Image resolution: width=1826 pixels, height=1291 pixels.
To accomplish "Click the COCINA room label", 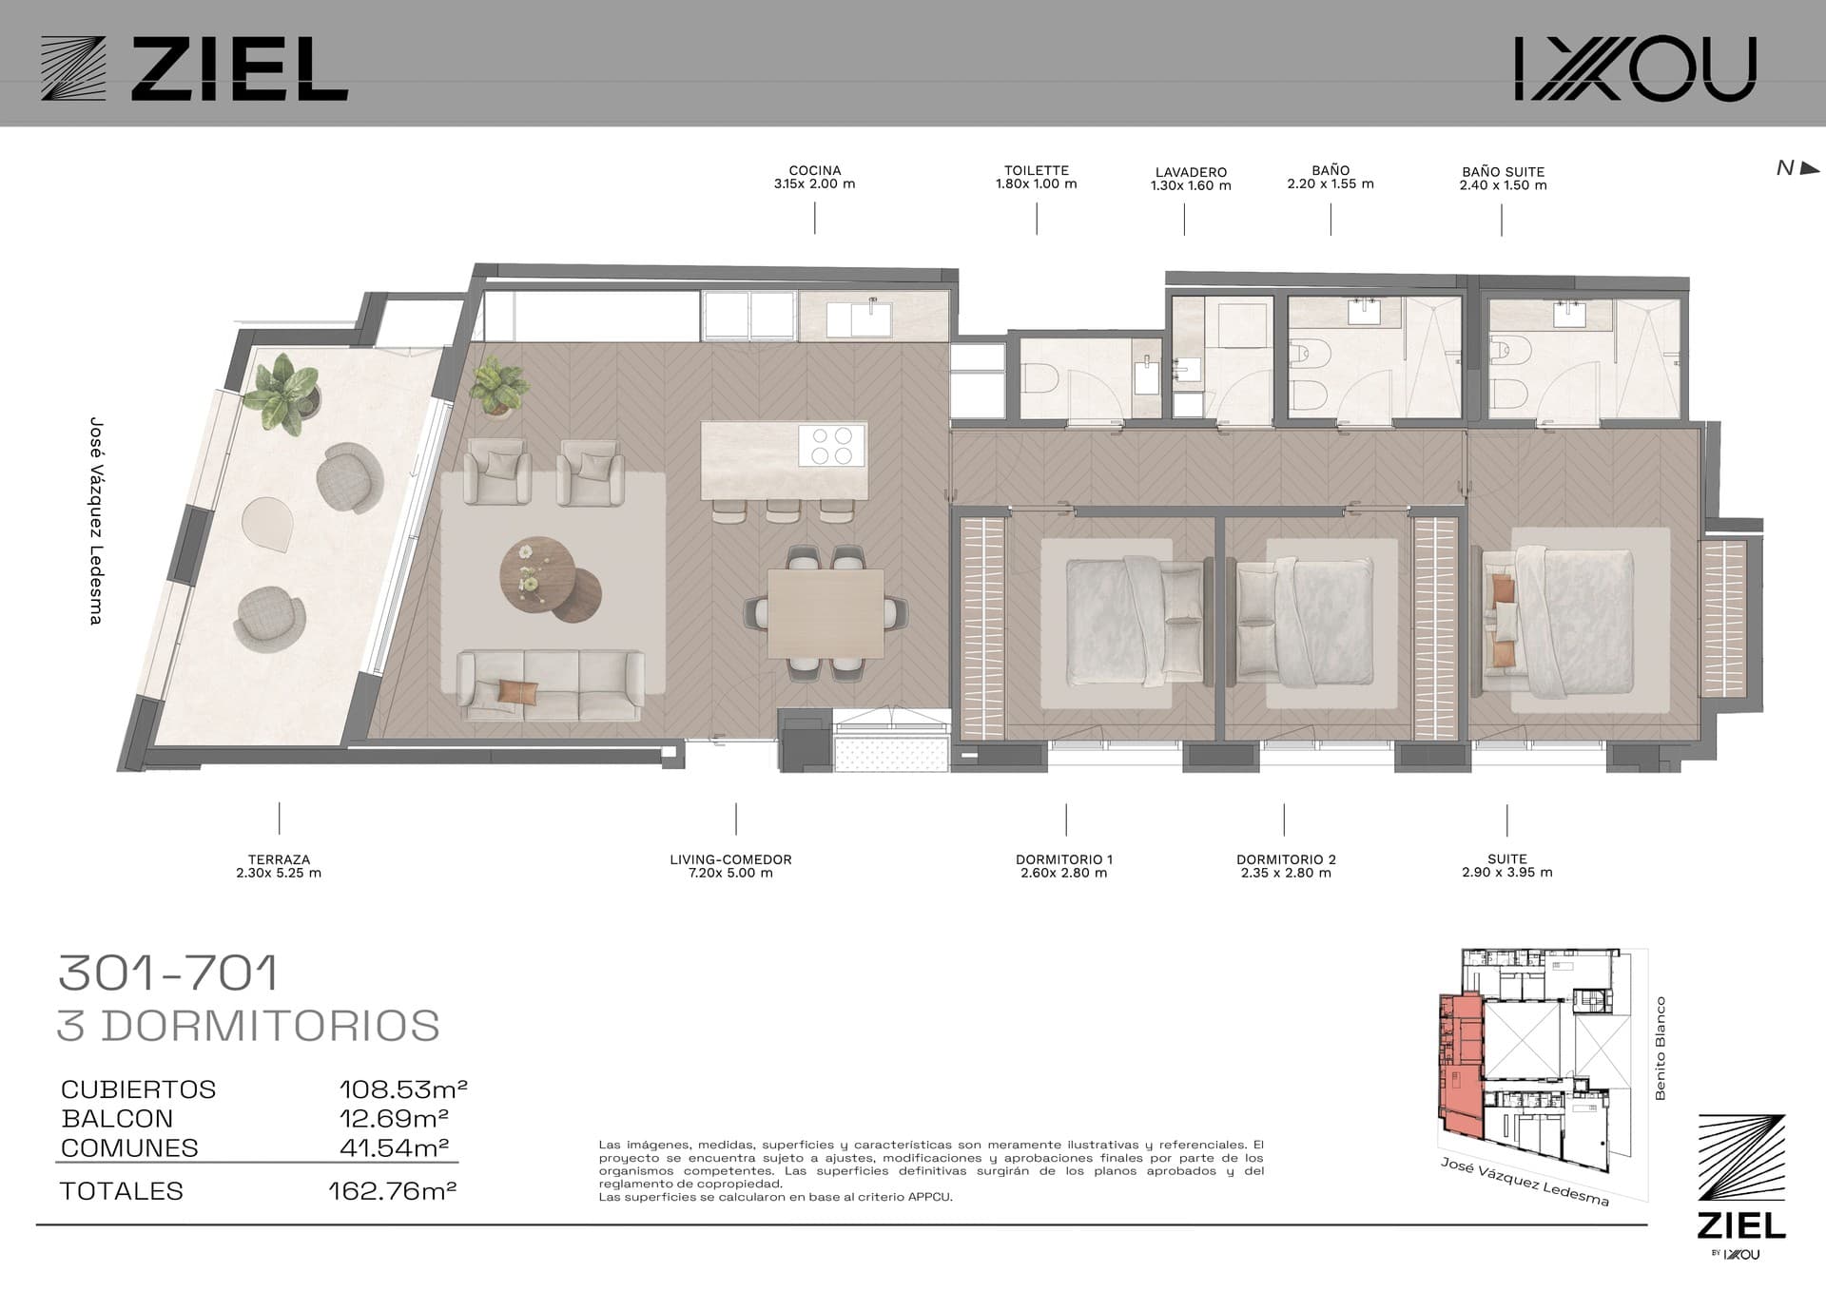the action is [x=815, y=171].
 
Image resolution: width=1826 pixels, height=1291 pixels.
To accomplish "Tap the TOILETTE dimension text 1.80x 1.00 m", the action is [x=1037, y=184].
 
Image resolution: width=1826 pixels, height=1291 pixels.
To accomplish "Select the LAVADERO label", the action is [x=1191, y=172].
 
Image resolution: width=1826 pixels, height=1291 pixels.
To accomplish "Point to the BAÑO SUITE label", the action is [x=1504, y=172].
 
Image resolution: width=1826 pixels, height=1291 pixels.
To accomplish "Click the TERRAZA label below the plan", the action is [x=279, y=859].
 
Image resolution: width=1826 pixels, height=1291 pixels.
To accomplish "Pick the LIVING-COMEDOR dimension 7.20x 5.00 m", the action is [x=730, y=873].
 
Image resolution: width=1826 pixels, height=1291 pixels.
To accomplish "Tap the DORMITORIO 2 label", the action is [x=1286, y=859].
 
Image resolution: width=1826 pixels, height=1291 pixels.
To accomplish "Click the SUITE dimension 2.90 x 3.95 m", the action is [x=1507, y=873].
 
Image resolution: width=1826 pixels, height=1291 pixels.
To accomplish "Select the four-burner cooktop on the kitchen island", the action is [x=832, y=445].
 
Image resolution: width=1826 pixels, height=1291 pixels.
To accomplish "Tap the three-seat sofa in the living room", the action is [x=550, y=684].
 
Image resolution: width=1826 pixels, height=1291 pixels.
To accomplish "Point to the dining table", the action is [x=825, y=612].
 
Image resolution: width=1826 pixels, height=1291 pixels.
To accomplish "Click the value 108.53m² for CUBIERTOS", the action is [x=403, y=1089].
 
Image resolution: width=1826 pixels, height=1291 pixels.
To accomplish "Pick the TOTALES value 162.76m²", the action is [x=392, y=1191].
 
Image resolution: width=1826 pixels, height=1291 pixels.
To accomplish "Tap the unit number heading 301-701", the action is [x=169, y=973].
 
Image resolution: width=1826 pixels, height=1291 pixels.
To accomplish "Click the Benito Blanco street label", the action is [x=1661, y=1049].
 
